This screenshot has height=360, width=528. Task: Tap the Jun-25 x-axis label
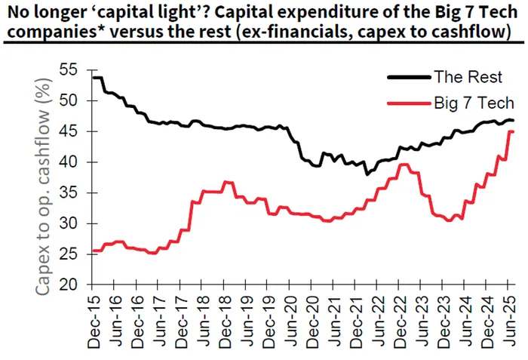tap(509, 322)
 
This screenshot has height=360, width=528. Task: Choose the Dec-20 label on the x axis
tap(311, 322)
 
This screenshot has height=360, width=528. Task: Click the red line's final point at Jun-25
tap(513, 132)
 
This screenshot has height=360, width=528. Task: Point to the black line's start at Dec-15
tap(92, 78)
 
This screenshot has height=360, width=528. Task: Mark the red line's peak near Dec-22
tap(405, 165)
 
